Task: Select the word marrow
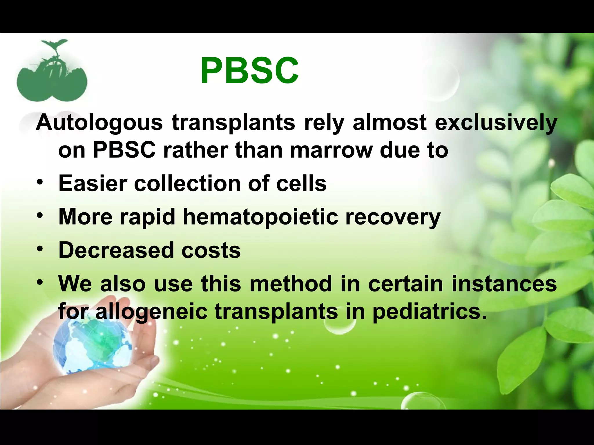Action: click(x=331, y=150)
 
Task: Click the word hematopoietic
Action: click(x=260, y=217)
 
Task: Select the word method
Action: click(x=291, y=284)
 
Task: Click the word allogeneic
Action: click(x=151, y=312)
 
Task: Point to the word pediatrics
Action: click(x=429, y=312)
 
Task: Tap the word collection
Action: click(x=187, y=183)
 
